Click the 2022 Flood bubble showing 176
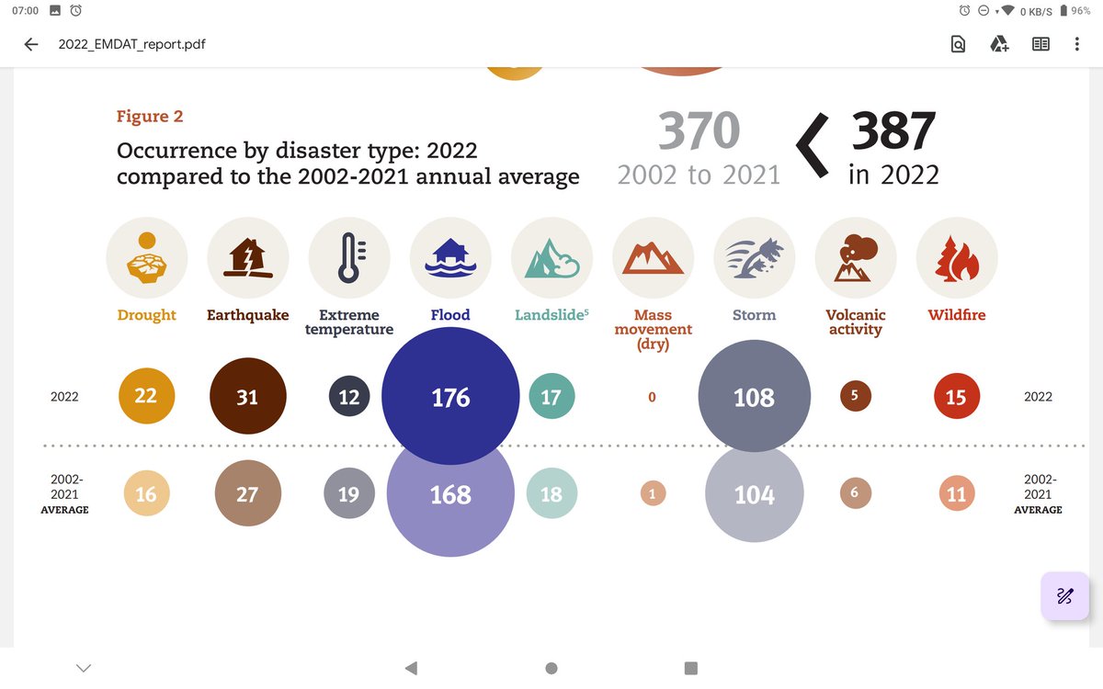coord(450,397)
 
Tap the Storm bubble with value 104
coord(754,494)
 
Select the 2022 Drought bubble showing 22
coord(146,396)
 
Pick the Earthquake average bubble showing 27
coord(247,494)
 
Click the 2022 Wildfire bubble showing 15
coord(956,397)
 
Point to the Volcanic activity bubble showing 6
coord(855,493)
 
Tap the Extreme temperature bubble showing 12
coord(349,397)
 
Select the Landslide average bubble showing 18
coord(551,494)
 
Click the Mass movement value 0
coord(652,398)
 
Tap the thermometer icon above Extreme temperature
coord(349,256)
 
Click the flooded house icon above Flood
coord(450,256)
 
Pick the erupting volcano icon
coord(855,256)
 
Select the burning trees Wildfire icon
coord(956,256)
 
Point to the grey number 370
coord(699,131)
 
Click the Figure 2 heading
coord(150,117)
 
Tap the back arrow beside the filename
coord(31,44)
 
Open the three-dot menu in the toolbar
coord(1076,44)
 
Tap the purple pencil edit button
coord(1064,595)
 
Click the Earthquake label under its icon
coord(247,315)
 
